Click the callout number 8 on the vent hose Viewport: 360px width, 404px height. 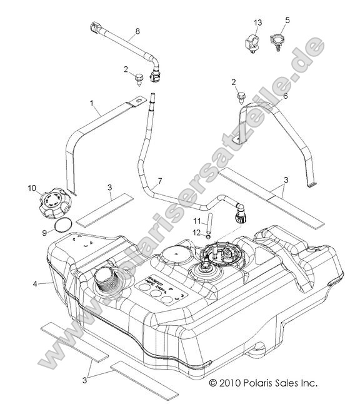point(137,31)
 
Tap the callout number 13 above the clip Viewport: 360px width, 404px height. point(257,23)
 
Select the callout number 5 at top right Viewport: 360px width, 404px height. point(287,20)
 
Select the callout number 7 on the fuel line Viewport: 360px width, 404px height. point(159,181)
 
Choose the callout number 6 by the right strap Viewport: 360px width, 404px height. point(285,96)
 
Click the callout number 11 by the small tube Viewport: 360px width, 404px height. point(196,221)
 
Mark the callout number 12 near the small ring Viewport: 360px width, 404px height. point(196,233)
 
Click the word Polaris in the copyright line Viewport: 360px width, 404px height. point(264,381)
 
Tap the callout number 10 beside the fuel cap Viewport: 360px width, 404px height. point(31,188)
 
